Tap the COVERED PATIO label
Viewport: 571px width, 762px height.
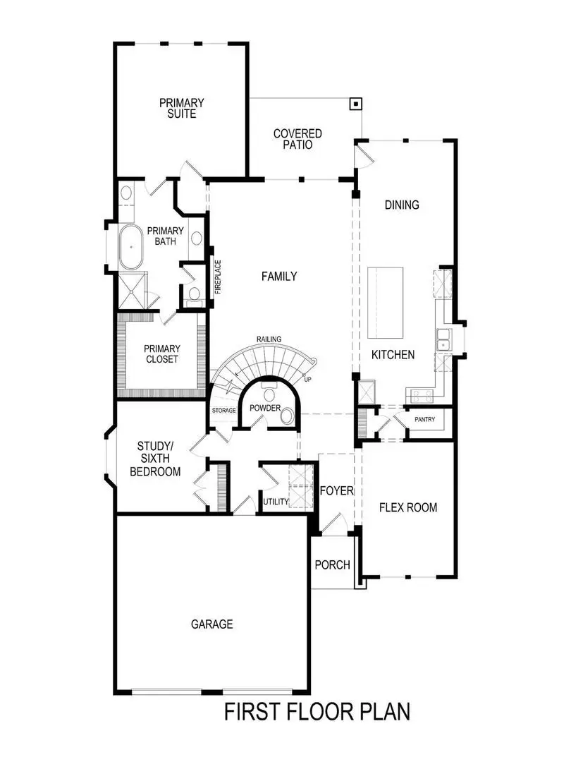coord(297,139)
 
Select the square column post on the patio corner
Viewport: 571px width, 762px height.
coord(356,104)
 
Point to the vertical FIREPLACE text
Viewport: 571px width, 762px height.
coord(218,277)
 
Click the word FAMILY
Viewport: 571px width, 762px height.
coord(279,277)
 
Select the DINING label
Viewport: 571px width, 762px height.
coord(402,205)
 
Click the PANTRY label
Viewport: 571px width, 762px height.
coord(424,420)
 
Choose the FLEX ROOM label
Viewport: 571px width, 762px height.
coord(407,507)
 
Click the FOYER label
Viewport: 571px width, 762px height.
coord(336,490)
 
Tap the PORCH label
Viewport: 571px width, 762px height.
coord(332,564)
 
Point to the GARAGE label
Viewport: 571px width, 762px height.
coord(211,624)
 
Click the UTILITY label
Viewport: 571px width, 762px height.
coord(276,502)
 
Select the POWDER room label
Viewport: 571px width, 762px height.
coord(264,409)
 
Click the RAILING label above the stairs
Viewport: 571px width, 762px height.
coord(269,339)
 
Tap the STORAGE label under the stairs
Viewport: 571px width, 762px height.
coord(223,410)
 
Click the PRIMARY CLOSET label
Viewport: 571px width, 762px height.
coord(161,353)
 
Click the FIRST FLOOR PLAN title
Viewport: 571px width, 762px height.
coord(317,711)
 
